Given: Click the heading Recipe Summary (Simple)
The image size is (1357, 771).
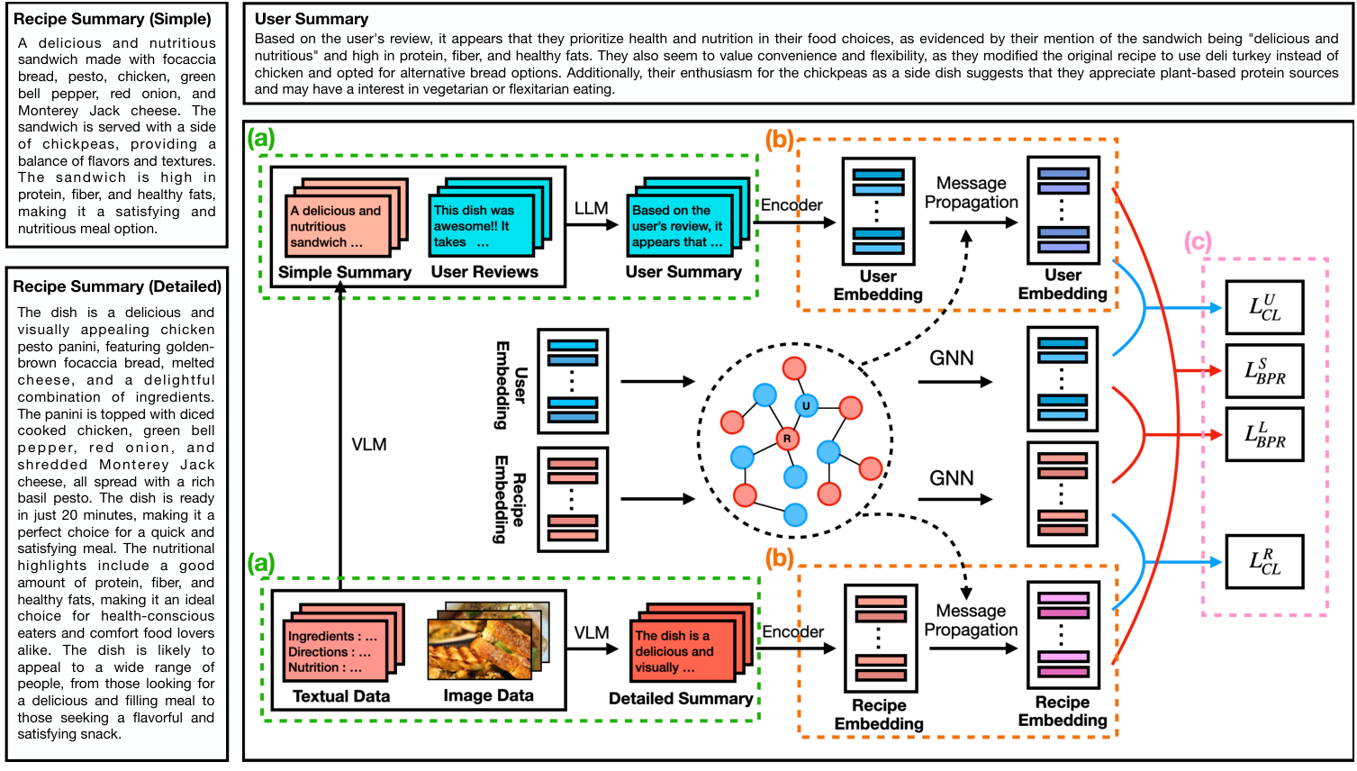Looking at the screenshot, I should coord(113,19).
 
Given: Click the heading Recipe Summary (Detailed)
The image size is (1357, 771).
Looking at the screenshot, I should coord(117,286).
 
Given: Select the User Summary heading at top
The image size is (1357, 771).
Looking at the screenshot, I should coord(311,19).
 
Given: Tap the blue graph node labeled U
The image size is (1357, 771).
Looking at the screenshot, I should coord(806,406).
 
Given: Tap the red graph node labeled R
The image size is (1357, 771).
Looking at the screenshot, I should coord(787,439).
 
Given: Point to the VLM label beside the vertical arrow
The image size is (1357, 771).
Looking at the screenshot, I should coord(369,444).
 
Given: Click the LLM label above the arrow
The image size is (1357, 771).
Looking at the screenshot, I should coord(592,208).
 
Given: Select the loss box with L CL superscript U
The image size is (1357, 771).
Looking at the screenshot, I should coord(1264,307).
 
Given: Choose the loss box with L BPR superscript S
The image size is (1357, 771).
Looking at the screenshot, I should coord(1264,370).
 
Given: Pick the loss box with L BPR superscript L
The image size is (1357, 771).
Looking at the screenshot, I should coord(1264,434).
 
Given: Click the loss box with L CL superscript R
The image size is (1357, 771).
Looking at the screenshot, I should coord(1264,561).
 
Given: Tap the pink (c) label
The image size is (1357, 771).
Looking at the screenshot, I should coord(1198,241).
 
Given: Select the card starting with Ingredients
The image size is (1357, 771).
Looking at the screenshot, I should coord(334,651).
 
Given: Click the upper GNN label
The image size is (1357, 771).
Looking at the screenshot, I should coord(952,358).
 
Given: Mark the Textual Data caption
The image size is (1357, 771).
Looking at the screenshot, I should coord(341,696).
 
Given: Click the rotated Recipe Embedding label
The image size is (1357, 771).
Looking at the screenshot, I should coord(509,499).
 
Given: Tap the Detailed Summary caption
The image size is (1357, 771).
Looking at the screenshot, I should coord(681,698).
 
